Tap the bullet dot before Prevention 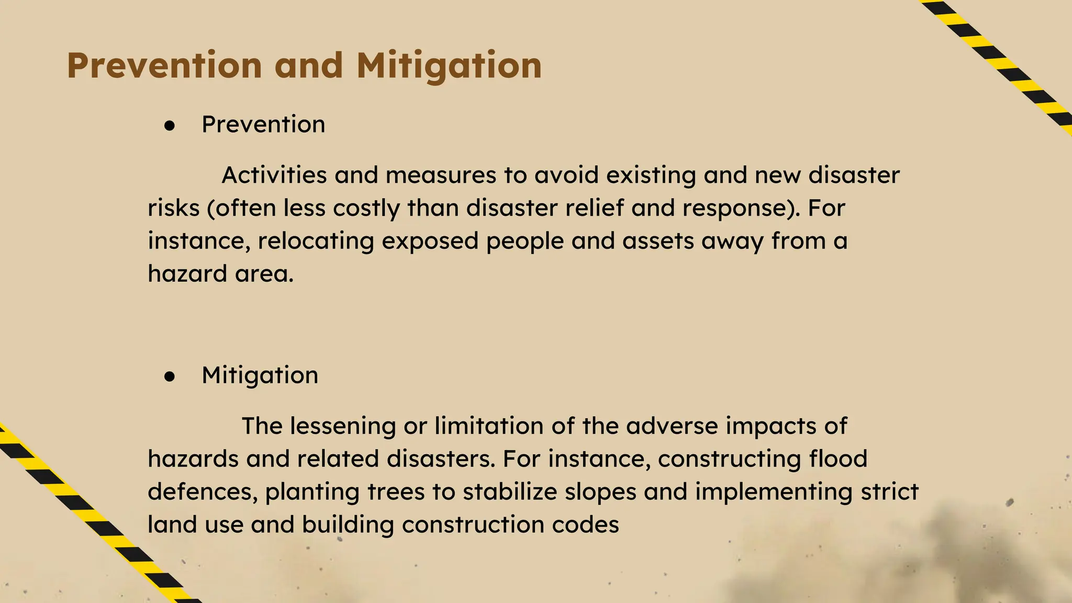[x=169, y=125]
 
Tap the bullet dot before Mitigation [x=169, y=376]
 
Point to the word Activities [x=274, y=175]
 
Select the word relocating [x=316, y=241]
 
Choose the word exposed [x=430, y=241]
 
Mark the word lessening [x=343, y=426]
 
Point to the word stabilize [x=503, y=492]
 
